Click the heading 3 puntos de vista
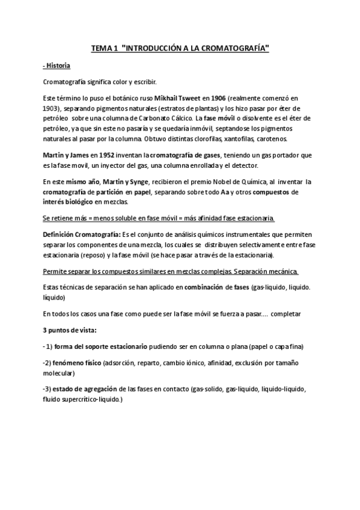[x=70, y=331]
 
